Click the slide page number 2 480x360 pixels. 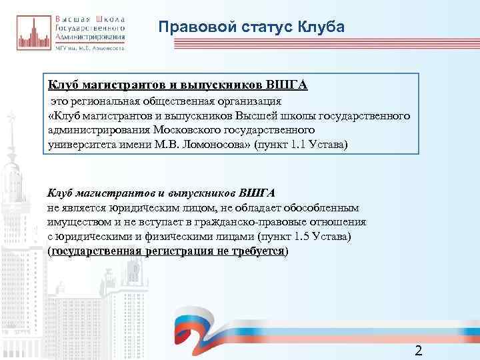(x=419, y=351)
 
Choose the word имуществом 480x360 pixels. (x=77, y=222)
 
